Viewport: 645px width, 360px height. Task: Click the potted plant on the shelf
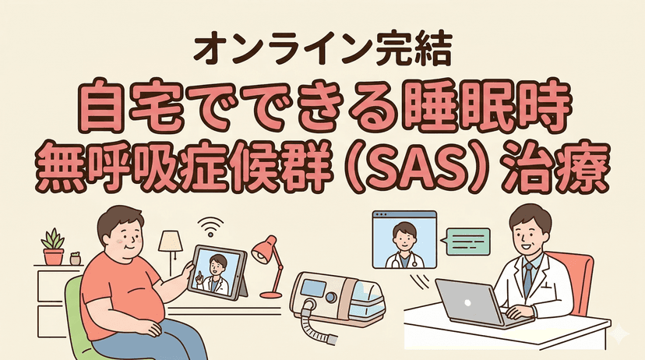pyautogui.click(x=53, y=247)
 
